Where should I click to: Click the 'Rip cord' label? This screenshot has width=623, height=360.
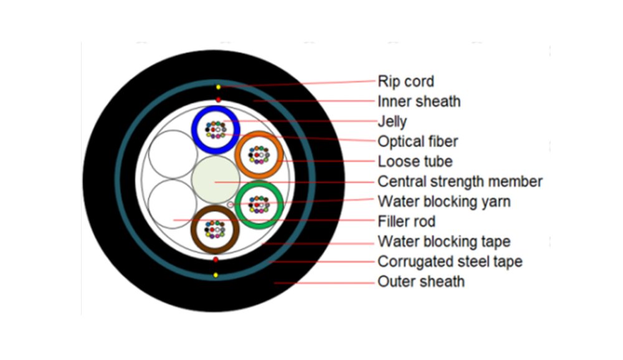click(406, 82)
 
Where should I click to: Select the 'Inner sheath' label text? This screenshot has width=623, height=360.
click(419, 102)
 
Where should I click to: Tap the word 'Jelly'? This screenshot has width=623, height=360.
click(392, 121)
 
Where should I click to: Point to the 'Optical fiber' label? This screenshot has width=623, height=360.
click(417, 141)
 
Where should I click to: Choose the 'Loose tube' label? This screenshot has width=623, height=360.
click(415, 162)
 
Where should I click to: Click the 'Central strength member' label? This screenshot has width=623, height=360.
click(460, 182)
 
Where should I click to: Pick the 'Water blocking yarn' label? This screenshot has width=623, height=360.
click(444, 202)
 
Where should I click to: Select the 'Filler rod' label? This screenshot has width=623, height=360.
click(406, 222)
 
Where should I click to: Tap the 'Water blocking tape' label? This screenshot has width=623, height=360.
click(444, 242)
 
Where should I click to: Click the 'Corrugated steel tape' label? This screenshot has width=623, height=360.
click(450, 262)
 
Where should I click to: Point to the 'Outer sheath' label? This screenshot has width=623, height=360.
click(421, 282)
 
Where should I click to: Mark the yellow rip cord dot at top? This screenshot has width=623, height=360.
click(218, 87)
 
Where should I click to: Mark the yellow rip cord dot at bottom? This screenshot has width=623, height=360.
click(215, 275)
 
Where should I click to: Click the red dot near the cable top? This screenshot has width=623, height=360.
click(218, 100)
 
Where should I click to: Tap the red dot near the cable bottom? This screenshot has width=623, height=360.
click(216, 259)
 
